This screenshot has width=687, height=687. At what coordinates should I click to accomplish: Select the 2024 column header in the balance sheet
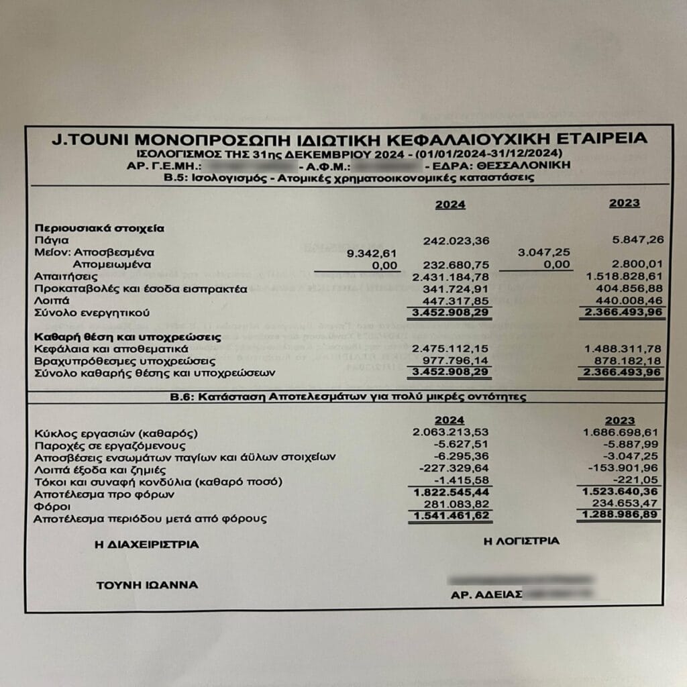click(x=450, y=205)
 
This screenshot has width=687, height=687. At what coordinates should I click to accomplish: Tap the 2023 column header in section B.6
click(x=619, y=421)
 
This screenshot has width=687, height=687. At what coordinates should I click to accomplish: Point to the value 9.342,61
click(x=372, y=253)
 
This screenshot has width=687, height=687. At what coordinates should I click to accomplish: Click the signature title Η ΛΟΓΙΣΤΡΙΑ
click(x=521, y=541)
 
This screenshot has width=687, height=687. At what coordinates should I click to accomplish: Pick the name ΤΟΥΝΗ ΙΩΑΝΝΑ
click(x=147, y=585)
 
